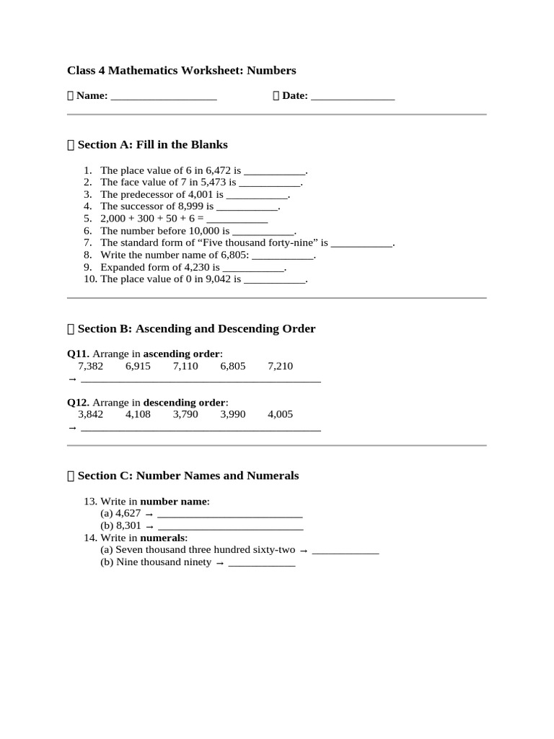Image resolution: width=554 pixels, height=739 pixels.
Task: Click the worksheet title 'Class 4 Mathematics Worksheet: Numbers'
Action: [181, 70]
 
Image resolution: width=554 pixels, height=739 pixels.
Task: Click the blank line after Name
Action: [164, 97]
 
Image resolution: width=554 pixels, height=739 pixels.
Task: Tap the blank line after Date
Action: [353, 97]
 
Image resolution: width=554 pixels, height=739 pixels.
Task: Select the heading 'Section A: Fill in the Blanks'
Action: [152, 144]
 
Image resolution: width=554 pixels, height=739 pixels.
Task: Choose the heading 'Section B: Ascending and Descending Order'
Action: [196, 328]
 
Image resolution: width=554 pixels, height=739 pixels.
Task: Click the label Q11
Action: [78, 354]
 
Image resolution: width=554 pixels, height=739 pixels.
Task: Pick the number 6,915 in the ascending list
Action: [138, 366]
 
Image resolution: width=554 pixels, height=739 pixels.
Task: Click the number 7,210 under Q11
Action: [280, 366]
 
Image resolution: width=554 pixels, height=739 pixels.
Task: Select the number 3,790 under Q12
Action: [185, 414]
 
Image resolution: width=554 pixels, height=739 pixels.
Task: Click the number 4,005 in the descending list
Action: [280, 414]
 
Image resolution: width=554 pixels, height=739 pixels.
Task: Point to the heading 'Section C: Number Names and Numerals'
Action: [188, 476]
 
